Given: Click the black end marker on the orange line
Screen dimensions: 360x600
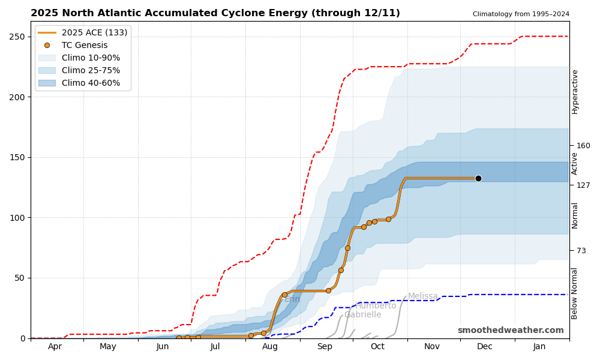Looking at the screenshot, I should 478,178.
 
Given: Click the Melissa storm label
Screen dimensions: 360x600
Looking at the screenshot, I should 423,296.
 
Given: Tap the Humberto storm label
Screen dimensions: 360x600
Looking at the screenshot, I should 376,306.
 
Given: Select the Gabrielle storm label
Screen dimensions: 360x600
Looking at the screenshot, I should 362,315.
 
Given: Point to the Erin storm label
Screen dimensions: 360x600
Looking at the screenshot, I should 292,299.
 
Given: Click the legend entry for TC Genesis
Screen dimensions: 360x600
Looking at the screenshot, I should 85,45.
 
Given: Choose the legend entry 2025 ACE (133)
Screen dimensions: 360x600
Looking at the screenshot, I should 94,32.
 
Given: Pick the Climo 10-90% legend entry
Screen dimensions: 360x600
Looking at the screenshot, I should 91,58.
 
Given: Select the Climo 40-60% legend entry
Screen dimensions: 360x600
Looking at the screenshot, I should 91,83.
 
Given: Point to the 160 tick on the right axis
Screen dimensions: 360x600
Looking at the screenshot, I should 583,145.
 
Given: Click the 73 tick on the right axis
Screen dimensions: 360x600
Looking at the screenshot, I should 581,250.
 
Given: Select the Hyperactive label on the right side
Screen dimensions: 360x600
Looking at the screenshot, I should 575,91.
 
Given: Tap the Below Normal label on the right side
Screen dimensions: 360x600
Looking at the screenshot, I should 575,293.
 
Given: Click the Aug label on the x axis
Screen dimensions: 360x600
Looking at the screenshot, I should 270,347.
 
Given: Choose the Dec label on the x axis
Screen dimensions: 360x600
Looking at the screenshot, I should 484,347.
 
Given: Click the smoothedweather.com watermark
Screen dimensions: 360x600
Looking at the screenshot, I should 511,331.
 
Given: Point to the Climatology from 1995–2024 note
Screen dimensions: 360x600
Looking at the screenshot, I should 521,14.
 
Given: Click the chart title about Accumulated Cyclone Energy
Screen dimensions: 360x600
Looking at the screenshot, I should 215,13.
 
